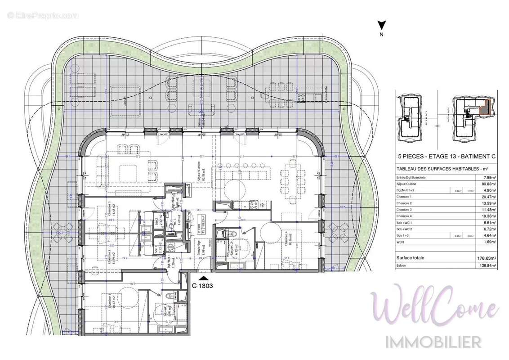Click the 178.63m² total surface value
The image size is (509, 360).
coord(487,258)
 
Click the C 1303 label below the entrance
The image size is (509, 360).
coord(202,285)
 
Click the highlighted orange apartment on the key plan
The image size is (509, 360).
coord(483,108)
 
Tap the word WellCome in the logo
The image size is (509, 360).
coord(433,308)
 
